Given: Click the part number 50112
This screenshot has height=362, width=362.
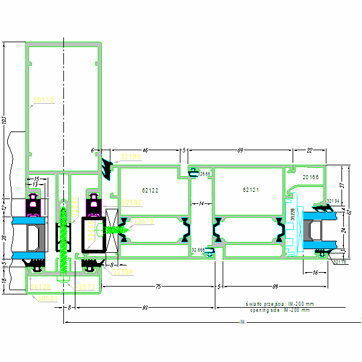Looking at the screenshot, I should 43,100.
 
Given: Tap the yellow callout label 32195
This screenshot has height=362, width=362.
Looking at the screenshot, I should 131,157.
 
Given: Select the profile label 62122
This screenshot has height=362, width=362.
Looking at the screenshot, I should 150,191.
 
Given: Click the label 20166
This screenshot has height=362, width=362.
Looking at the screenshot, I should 311,177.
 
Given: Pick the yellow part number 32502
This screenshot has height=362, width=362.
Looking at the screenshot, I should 131,202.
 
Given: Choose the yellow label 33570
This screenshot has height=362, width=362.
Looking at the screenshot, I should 144,221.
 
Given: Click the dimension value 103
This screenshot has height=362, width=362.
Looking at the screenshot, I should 4,120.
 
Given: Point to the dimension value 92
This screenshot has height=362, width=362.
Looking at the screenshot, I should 145,308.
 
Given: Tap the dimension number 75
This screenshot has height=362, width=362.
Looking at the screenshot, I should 157,287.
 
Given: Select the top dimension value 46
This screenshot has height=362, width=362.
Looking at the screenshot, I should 145,149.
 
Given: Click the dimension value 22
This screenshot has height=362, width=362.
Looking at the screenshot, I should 310,149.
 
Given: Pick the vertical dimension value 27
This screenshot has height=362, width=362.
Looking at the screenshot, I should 341,185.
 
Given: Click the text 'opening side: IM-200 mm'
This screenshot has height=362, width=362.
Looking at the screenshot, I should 279,310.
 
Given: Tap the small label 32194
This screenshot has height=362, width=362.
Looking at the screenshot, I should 332,200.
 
